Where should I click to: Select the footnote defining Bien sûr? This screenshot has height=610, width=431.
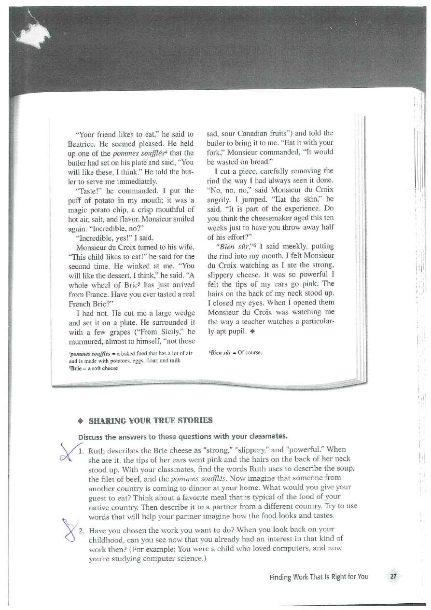click(x=234, y=353)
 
